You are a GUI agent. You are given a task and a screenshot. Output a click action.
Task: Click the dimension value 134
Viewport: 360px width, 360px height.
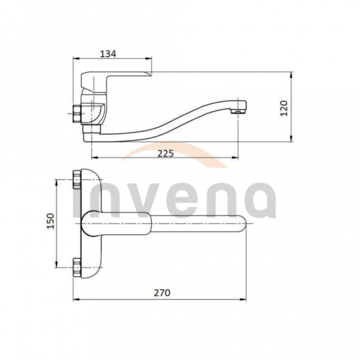[x=108, y=54]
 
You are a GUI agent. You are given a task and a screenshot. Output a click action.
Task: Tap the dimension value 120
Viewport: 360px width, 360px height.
[x=284, y=108]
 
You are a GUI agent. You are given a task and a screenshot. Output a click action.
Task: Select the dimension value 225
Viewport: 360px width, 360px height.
[x=166, y=153]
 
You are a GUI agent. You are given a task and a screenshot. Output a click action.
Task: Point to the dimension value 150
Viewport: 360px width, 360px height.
[x=50, y=221]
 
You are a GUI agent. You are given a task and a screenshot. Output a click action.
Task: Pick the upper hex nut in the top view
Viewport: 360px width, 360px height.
[x=77, y=179]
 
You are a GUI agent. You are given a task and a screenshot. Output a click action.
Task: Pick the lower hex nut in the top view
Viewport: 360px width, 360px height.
[x=77, y=267]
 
